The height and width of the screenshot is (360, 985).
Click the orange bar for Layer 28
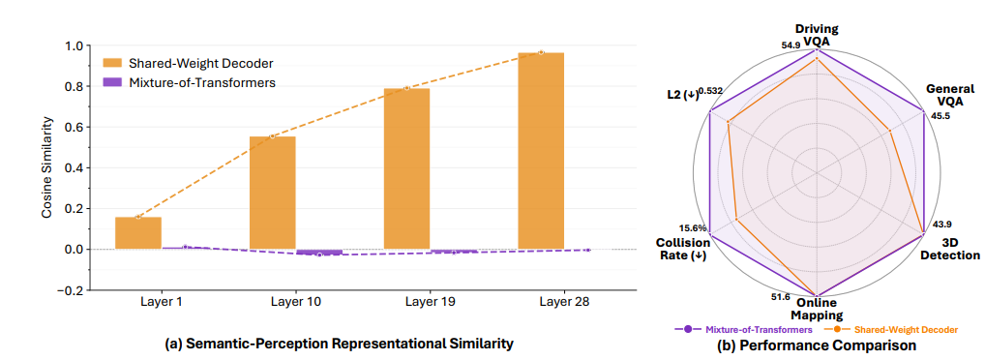point(541,151)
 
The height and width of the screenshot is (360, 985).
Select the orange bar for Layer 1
point(137,233)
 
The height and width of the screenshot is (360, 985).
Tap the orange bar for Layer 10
point(272,193)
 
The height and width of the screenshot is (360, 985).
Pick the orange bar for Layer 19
point(406,168)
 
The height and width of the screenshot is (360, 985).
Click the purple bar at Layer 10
point(319,252)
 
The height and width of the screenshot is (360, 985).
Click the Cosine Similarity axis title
point(46,167)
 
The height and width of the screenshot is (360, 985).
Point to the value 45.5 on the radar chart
point(940,116)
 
